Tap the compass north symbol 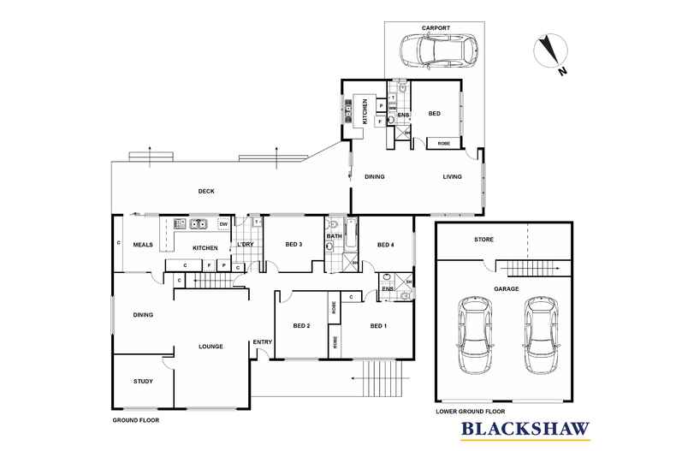pos(548,53)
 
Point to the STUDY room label pos(143,381)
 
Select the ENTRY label pos(262,343)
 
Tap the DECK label pos(205,191)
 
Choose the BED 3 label pos(294,245)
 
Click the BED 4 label pos(385,245)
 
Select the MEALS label pos(143,245)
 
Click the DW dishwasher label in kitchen pos(222,224)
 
